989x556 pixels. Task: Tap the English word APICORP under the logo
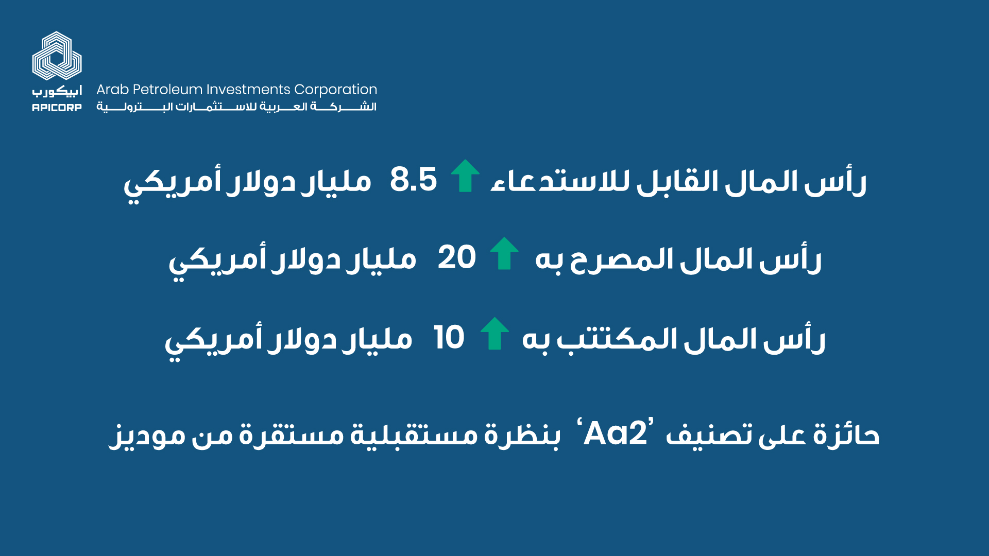(x=57, y=108)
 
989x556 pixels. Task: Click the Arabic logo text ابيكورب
(x=57, y=92)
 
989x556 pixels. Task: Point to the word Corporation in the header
(x=335, y=90)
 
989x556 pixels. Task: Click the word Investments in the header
(x=248, y=90)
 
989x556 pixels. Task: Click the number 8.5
(x=413, y=179)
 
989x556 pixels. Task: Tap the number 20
(x=456, y=257)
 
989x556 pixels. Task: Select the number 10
(x=449, y=338)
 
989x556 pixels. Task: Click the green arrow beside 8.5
(x=465, y=176)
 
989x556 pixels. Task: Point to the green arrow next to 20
(x=504, y=253)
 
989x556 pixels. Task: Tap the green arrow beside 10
(x=494, y=333)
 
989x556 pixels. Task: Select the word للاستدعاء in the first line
(x=560, y=181)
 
